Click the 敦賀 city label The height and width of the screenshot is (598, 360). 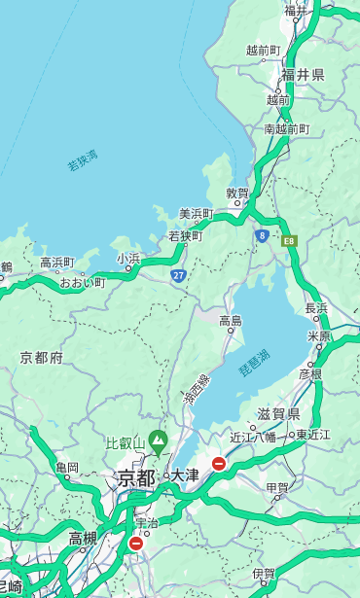coord(237,193)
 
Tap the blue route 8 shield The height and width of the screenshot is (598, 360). coord(262,235)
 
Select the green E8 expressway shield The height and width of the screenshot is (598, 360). coord(289,239)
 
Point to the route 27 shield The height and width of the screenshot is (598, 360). coord(178,276)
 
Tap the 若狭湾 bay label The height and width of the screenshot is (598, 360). coord(83,160)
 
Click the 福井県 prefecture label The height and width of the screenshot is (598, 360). coord(304,75)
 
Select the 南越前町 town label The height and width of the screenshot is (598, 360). coord(286,128)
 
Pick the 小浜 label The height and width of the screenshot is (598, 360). coord(128,258)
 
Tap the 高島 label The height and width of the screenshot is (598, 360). coord(231,320)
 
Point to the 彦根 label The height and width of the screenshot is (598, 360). coord(310,373)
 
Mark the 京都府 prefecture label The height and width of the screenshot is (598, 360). coord(42,358)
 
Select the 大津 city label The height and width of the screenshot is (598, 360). coord(185,476)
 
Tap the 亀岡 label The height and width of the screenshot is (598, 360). coord(67,468)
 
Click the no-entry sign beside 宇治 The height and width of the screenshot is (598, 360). coord(135,543)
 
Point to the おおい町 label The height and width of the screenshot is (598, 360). coord(83,282)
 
